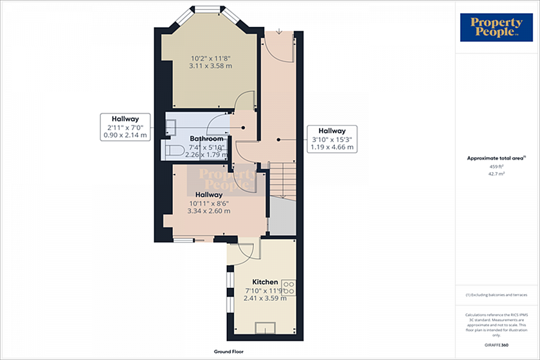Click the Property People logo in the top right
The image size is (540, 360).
coord(496,28)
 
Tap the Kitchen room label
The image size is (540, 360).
coord(265,282)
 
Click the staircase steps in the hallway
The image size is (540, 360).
coord(282,180)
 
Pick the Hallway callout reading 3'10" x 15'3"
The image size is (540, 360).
coord(331,139)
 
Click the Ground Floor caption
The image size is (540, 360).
coord(229,352)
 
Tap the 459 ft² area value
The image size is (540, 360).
coord(496,166)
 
